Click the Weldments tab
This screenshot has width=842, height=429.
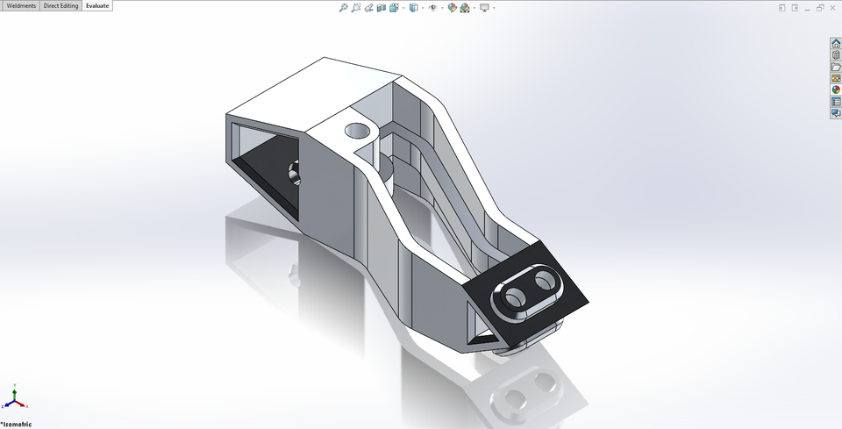(x=21, y=6)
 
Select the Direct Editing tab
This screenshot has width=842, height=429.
(x=61, y=6)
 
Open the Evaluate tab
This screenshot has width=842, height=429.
(x=97, y=6)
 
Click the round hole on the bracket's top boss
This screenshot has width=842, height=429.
(x=358, y=132)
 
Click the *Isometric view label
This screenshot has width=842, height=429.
(x=17, y=425)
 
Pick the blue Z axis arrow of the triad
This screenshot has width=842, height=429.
(x=6, y=406)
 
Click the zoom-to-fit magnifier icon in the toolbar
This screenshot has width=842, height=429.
(x=343, y=7)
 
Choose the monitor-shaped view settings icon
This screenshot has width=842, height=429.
(x=483, y=7)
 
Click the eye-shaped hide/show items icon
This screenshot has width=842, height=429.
(x=432, y=7)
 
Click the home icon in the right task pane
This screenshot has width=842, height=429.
(x=836, y=43)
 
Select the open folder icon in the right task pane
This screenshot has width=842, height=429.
(x=836, y=67)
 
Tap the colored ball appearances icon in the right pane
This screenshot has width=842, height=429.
(x=836, y=89)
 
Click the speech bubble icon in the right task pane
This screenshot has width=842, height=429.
(x=836, y=112)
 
